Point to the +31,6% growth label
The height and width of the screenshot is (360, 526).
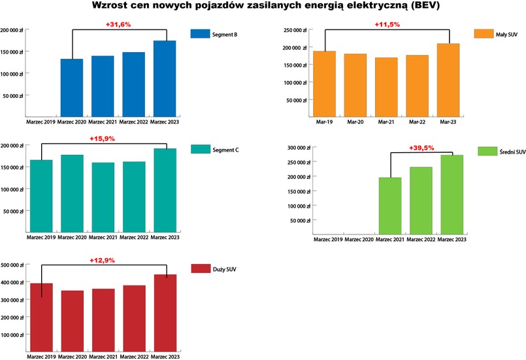(x=118, y=25)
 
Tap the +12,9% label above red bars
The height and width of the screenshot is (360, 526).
(x=103, y=260)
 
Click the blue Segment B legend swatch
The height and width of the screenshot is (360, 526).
(x=199, y=33)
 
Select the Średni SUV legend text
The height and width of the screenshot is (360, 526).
(x=512, y=152)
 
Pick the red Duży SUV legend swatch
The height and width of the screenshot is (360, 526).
(x=199, y=269)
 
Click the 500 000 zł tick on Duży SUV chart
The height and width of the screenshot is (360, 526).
(x=13, y=265)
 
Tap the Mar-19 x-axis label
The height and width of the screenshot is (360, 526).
(x=324, y=122)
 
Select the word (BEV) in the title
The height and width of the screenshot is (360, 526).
(x=416, y=7)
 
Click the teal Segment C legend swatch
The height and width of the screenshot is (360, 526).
(x=199, y=149)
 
